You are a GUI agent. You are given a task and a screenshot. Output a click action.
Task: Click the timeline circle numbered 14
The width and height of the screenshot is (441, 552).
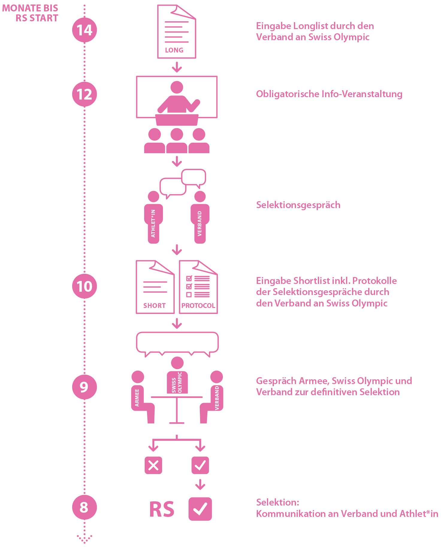[x=84, y=30]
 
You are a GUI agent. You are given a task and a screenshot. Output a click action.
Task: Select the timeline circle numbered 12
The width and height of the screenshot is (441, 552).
[x=84, y=94]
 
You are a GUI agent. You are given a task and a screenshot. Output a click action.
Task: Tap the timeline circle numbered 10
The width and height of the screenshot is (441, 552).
[x=84, y=286]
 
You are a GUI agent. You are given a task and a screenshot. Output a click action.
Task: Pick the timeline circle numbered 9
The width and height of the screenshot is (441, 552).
[x=84, y=387]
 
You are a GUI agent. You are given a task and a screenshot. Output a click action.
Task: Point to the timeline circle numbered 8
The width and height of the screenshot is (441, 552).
[x=84, y=507]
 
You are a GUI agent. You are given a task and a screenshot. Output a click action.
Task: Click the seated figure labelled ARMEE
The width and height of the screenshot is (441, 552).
[x=139, y=396]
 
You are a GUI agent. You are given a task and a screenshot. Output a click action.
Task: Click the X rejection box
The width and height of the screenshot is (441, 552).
[x=153, y=465]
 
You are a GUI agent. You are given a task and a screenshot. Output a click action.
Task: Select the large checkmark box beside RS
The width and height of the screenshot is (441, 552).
[x=200, y=509]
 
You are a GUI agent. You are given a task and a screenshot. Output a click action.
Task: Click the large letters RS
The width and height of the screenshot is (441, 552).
[x=162, y=509]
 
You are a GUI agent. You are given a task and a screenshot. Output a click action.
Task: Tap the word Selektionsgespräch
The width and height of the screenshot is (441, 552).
[x=298, y=205]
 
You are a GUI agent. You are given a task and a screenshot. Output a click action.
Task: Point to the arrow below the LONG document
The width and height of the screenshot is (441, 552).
[x=177, y=67]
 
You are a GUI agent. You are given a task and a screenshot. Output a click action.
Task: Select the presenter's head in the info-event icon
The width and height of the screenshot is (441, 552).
[x=177, y=87]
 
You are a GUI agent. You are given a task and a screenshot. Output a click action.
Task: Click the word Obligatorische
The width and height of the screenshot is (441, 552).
[x=287, y=94]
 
